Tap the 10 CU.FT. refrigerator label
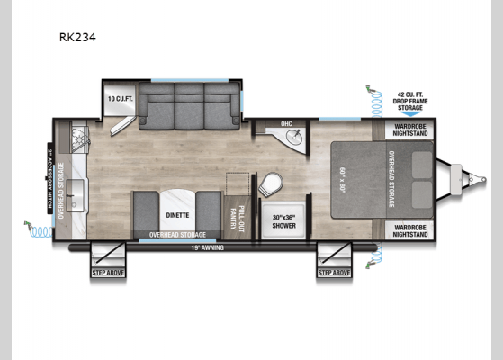pos(119,97)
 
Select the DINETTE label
pos(175,215)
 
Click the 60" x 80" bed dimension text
pos(343,179)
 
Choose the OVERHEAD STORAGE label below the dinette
pos(175,236)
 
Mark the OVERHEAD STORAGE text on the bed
pos(391,179)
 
